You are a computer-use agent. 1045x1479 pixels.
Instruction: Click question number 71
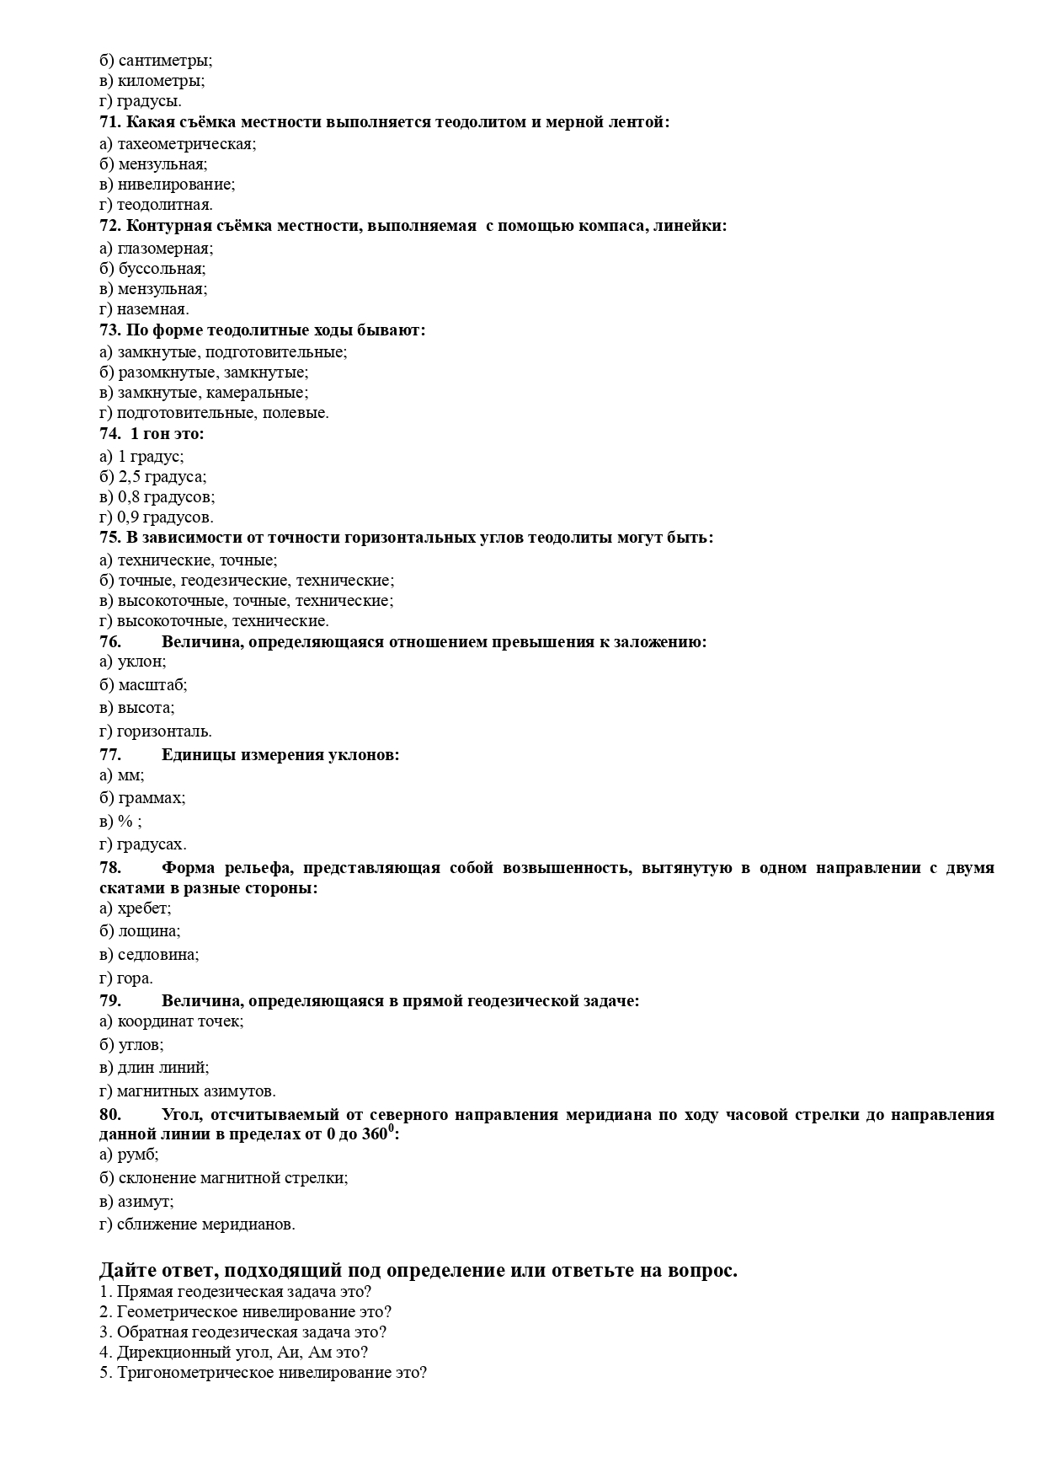[110, 122]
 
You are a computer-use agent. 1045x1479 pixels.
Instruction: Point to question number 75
[110, 538]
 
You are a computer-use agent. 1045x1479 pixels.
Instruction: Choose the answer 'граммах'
[151, 797]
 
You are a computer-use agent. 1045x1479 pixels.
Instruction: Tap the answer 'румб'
[138, 1155]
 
